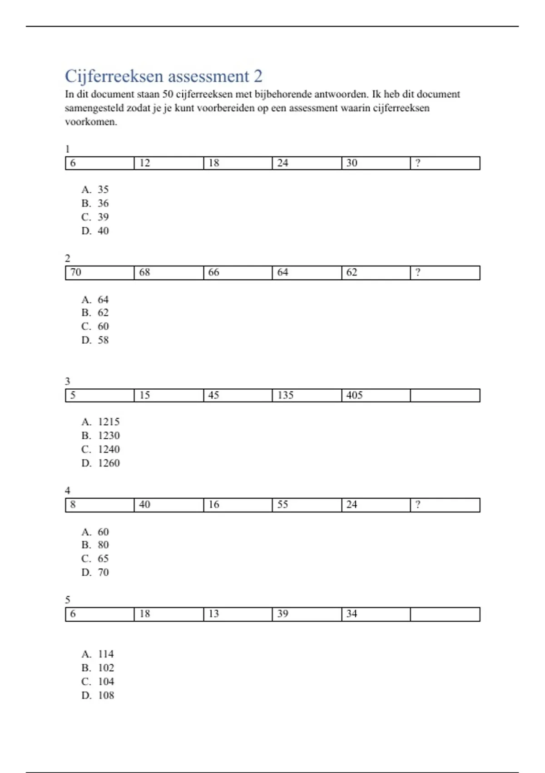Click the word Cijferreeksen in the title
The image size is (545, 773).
(x=114, y=76)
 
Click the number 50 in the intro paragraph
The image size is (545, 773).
(x=168, y=95)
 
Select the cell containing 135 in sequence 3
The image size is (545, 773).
(x=307, y=395)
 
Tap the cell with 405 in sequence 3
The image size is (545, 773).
(x=376, y=395)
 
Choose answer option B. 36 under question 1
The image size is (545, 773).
(x=95, y=203)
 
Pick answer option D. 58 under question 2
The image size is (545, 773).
(x=95, y=340)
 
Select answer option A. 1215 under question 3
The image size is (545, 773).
(x=101, y=422)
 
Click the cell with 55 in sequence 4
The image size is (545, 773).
(x=307, y=505)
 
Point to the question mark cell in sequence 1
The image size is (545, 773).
(x=445, y=163)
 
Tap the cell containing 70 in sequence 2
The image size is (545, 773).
(x=99, y=272)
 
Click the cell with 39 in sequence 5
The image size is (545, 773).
(x=307, y=614)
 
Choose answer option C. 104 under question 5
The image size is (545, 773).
(x=98, y=682)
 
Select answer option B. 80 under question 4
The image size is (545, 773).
(x=95, y=545)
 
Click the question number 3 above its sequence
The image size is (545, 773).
(x=68, y=381)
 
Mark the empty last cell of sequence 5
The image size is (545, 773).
(x=445, y=614)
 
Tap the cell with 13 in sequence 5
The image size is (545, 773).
(x=238, y=614)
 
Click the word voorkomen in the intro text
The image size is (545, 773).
(x=91, y=122)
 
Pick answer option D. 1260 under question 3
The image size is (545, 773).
(x=101, y=463)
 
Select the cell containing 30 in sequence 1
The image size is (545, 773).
(x=376, y=163)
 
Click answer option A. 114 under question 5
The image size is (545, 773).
(x=98, y=654)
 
